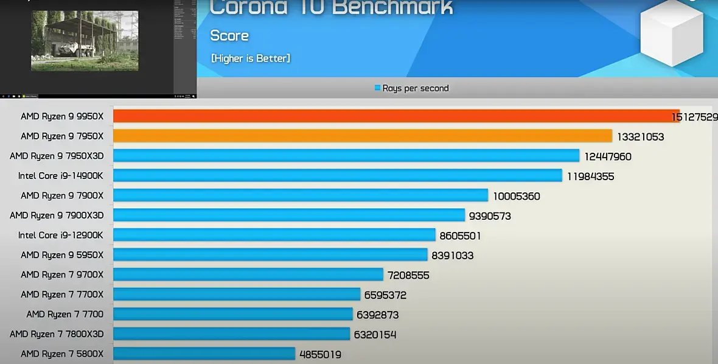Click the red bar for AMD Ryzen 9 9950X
pyautogui.click(x=396, y=116)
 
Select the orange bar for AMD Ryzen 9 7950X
pyautogui.click(x=362, y=136)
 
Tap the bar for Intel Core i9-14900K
pyautogui.click(x=337, y=175)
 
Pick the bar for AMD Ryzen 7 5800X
pyautogui.click(x=204, y=354)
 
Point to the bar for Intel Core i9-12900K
pyautogui.click(x=274, y=235)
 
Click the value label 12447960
pyautogui.click(x=608, y=156)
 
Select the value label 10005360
pyautogui.click(x=517, y=196)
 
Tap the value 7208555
pyautogui.click(x=406, y=275)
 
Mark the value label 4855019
pyautogui.click(x=320, y=354)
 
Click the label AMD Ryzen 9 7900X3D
pyautogui.click(x=57, y=215)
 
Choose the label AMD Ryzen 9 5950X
pyautogui.click(x=62, y=255)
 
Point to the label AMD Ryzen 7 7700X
pyautogui.click(x=62, y=295)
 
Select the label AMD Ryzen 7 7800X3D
pyautogui.click(x=57, y=334)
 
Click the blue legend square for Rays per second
pyautogui.click(x=378, y=88)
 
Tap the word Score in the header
pyautogui.click(x=229, y=35)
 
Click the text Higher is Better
pyautogui.click(x=251, y=58)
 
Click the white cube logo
pyautogui.click(x=672, y=33)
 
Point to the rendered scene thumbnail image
pyautogui.click(x=85, y=41)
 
